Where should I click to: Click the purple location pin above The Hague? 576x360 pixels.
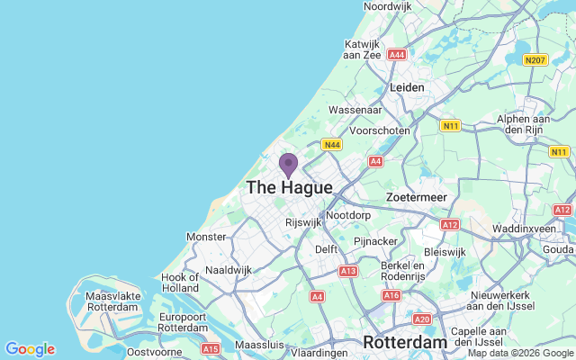pos(288,166)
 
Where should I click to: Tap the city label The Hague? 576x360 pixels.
pos(289,188)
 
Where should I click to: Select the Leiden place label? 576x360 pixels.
pos(407,87)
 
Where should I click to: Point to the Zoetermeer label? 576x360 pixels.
pos(416,196)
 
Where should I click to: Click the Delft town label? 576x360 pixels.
pos(326,249)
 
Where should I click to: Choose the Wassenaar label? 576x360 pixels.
pos(355,110)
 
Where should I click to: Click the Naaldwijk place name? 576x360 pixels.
pos(229,269)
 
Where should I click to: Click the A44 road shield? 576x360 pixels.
pos(397,55)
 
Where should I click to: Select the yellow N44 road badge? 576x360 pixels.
pos(332,144)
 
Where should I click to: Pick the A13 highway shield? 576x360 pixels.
pos(349,270)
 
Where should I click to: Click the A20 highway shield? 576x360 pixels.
pos(422,319)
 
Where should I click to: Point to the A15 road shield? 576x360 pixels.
pos(211,348)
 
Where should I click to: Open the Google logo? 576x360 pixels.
pos(30,349)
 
